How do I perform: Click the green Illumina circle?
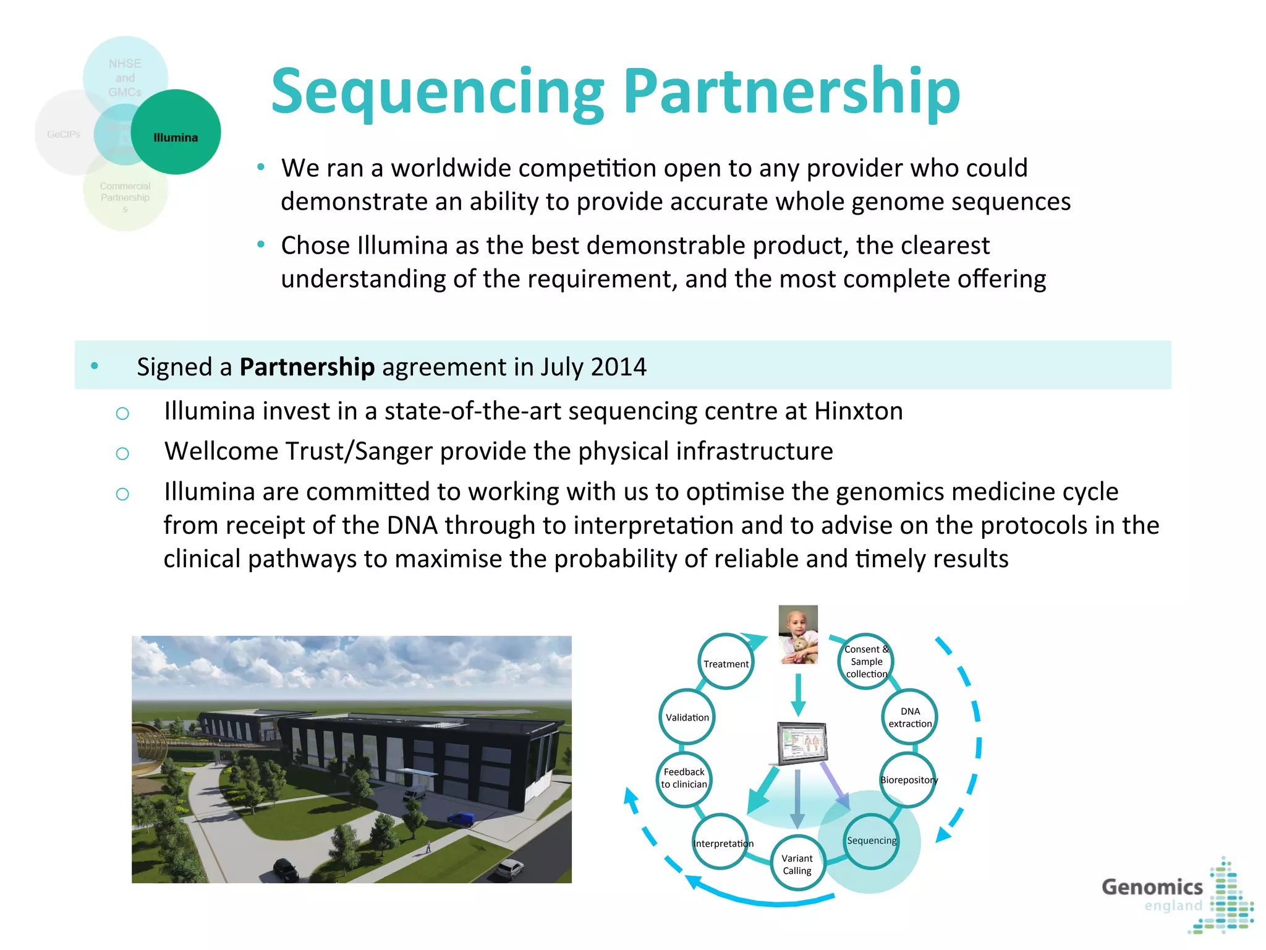176,132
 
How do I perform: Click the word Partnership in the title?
791,92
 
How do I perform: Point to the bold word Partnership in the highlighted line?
307,367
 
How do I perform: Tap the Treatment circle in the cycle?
726,662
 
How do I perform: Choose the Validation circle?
687,717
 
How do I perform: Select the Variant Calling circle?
797,863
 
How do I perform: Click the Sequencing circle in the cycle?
871,841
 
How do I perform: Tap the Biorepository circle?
908,779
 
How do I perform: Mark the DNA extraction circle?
909,717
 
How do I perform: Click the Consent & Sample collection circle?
866,661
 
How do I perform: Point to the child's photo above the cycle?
798,634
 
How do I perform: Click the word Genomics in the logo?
1152,887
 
